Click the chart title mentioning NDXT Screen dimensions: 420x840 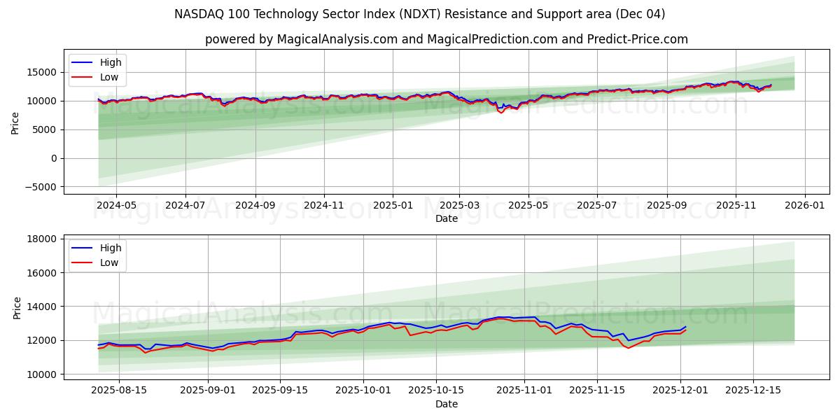420,14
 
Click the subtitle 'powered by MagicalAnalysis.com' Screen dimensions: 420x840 446,40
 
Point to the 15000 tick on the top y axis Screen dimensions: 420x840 42,72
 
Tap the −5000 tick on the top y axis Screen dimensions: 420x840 39,187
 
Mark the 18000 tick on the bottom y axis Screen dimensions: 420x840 42,239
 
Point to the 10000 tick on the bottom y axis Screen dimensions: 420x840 42,374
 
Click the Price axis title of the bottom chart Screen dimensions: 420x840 17,307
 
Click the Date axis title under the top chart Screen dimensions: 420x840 446,218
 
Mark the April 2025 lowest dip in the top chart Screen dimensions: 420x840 500,112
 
